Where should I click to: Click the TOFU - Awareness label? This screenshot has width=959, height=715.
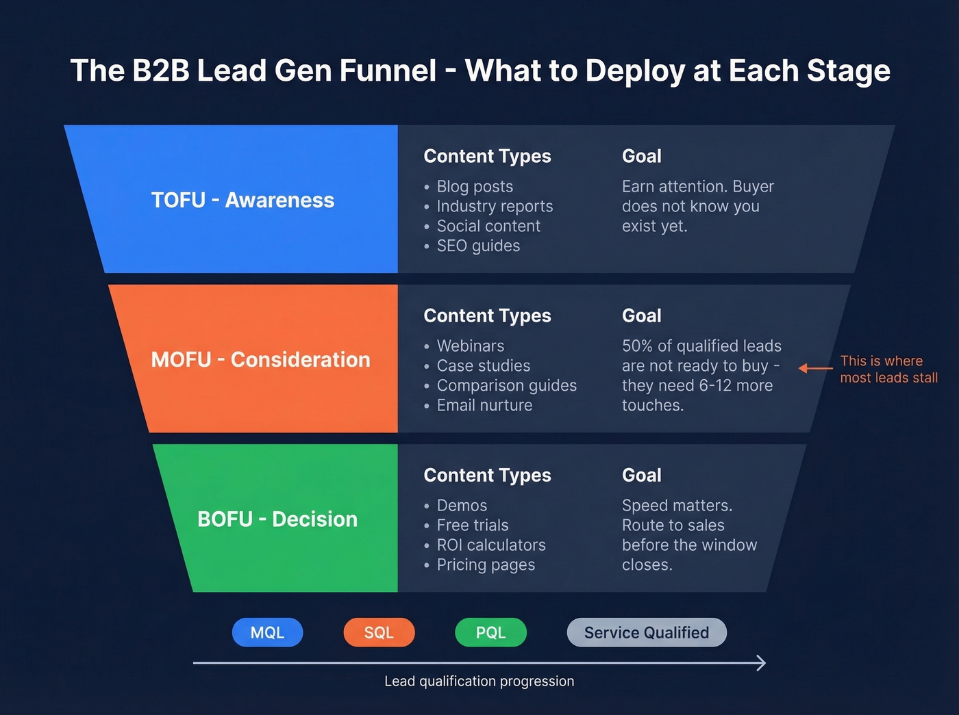(242, 200)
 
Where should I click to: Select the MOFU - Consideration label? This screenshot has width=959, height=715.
(260, 359)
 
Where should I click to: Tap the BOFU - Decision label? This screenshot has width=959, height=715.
(277, 519)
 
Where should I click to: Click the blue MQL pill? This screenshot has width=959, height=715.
(267, 632)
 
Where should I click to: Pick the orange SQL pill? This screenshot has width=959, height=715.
(379, 632)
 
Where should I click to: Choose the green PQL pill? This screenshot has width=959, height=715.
(490, 632)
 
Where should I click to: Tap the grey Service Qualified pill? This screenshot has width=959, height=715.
(646, 632)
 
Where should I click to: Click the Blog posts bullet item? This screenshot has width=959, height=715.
(474, 186)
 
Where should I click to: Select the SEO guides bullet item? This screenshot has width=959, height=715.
(477, 246)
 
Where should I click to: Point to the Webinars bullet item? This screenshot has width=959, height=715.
(470, 346)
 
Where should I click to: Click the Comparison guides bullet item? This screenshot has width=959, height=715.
(506, 385)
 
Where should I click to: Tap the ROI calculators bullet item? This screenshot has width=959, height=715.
(490, 545)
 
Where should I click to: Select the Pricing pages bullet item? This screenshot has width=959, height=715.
(485, 564)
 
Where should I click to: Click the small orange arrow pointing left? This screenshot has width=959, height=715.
(815, 368)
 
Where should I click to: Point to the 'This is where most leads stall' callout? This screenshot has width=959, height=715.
(888, 369)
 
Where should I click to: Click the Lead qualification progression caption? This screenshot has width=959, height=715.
(479, 681)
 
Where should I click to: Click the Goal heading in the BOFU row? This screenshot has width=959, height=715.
(641, 475)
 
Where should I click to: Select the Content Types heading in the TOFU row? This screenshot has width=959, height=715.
(487, 156)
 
